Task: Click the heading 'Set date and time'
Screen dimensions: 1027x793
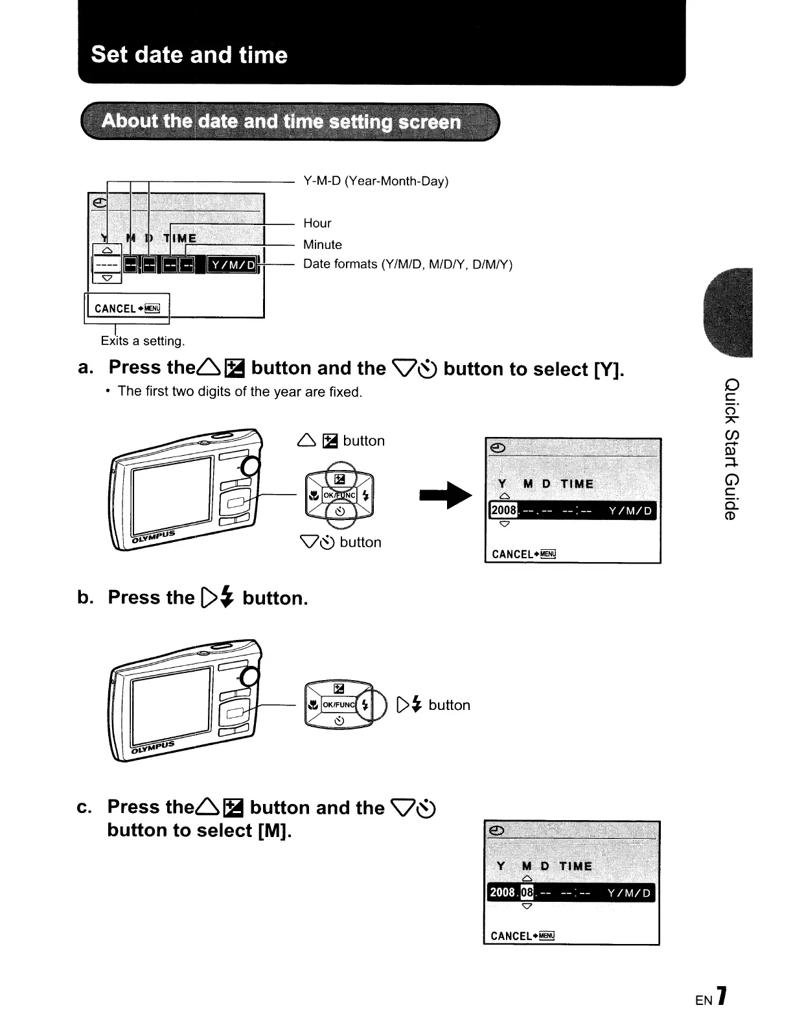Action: [189, 54]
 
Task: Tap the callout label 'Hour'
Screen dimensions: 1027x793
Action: [317, 223]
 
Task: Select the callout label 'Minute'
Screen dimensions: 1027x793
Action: [322, 244]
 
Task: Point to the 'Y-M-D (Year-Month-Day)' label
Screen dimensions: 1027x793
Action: [376, 181]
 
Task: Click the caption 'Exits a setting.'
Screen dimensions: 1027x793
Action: [143, 340]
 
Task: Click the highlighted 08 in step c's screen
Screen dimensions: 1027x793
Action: [527, 893]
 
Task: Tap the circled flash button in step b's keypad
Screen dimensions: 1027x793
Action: [365, 705]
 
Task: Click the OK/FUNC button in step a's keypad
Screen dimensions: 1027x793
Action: [338, 495]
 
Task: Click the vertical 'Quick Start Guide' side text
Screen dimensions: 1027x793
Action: [730, 448]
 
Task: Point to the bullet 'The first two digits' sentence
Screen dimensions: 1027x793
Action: [240, 392]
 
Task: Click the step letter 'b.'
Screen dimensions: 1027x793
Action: [86, 597]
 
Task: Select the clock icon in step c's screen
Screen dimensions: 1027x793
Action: [497, 831]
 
